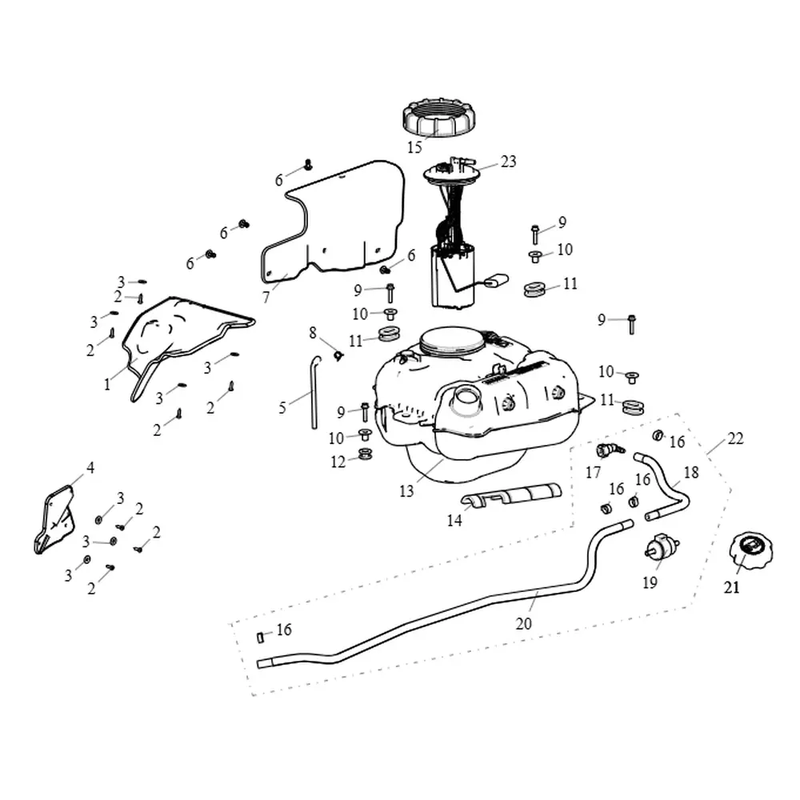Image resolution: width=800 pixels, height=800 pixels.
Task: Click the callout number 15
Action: point(414,147)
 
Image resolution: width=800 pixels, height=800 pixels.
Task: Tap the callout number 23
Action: point(509,162)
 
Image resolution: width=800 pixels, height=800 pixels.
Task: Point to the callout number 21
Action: point(731,588)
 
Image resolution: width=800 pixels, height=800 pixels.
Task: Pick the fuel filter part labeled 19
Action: point(662,550)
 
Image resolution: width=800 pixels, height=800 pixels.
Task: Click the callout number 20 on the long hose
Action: point(524,624)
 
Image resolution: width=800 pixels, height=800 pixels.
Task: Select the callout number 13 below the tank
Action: point(406,491)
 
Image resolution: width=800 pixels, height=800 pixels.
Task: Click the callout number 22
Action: point(735,438)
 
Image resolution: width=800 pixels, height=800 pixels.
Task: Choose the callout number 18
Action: point(690,472)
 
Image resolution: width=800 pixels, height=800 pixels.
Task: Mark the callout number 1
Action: point(106,384)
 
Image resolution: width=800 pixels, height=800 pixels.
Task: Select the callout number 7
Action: point(266,298)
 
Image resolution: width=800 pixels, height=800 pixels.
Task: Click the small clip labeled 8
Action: point(338,354)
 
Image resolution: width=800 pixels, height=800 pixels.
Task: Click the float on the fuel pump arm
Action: point(498,280)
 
